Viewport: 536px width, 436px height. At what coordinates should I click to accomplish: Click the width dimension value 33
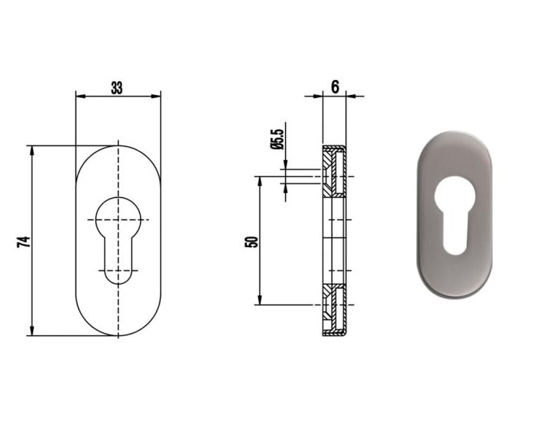[x=117, y=88]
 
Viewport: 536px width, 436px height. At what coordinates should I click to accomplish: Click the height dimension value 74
[x=24, y=242]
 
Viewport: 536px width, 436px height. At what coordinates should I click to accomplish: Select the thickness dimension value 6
[x=335, y=87]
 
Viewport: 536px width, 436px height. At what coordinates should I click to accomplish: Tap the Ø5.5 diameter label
[x=277, y=139]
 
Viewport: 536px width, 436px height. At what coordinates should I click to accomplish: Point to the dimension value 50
[x=252, y=242]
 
